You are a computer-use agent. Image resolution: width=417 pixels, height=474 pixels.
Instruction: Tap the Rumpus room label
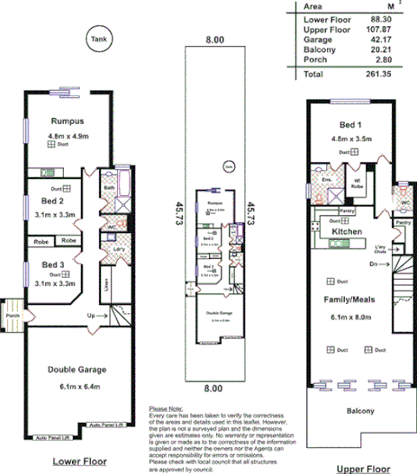67,121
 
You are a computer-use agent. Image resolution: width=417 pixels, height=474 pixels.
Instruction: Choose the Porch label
13,315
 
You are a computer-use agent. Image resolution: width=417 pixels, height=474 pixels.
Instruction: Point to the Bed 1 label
350,125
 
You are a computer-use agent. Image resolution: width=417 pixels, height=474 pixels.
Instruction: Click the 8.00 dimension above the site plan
213,40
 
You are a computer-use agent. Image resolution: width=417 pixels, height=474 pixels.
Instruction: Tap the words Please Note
163,408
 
